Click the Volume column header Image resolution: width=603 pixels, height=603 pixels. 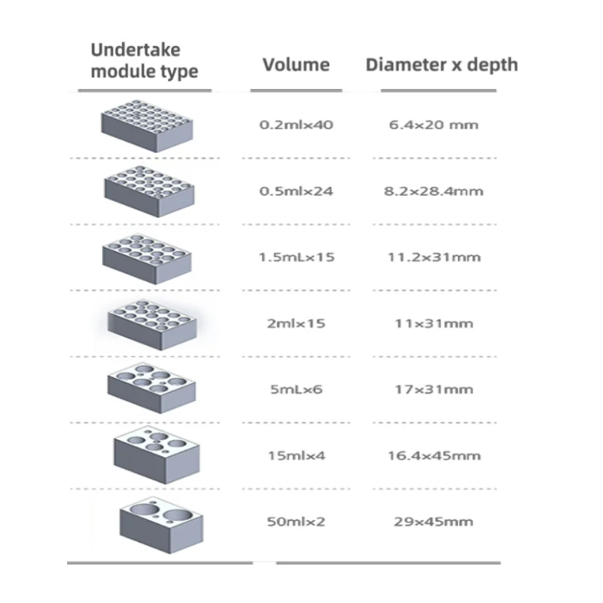296,65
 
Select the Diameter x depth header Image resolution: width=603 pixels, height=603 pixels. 442,65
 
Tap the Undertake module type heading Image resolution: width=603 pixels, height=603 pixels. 145,61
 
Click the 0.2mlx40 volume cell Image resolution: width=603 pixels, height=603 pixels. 295,125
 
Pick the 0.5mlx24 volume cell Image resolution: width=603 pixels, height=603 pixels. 295,191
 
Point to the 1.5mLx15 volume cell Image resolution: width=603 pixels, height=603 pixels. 295,258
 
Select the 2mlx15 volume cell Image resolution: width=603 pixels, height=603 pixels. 295,324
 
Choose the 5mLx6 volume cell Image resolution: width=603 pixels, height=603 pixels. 295,390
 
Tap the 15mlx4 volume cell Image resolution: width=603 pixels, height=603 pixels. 295,456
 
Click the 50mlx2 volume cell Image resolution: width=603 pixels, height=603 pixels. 295,522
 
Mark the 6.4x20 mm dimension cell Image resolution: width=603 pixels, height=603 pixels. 433,125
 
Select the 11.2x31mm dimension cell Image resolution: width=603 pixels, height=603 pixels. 435,258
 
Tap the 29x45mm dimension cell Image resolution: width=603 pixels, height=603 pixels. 433,522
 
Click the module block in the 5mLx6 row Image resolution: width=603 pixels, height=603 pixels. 152,386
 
